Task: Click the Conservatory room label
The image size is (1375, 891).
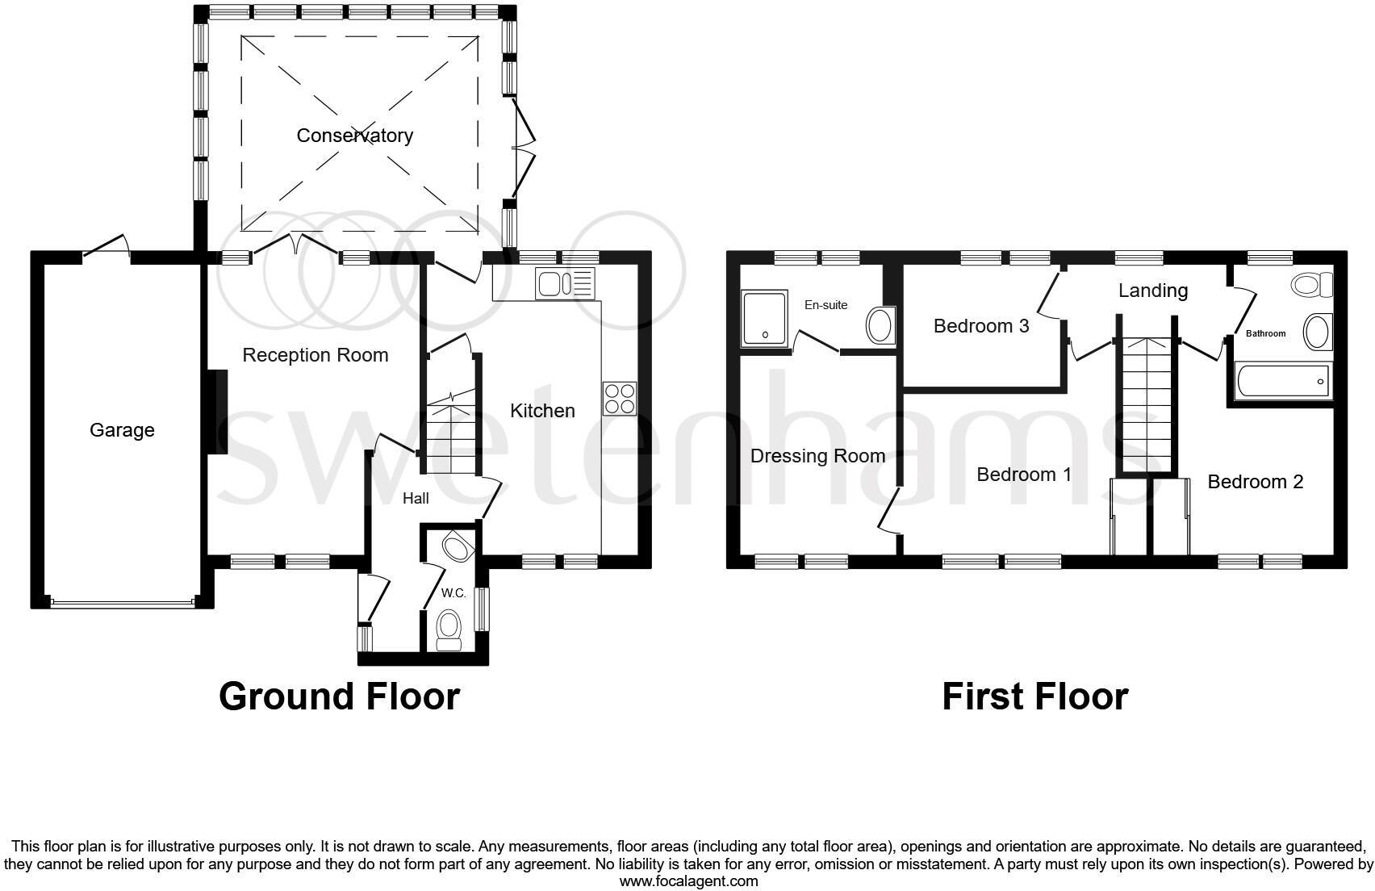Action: pyautogui.click(x=354, y=136)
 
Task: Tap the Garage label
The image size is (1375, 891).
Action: pyautogui.click(x=122, y=430)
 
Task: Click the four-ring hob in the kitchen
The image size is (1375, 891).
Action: pyautogui.click(x=620, y=399)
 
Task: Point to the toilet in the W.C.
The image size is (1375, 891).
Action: pyautogui.click(x=448, y=629)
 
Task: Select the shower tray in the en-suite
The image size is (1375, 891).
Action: pyautogui.click(x=763, y=318)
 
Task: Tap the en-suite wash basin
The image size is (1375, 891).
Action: pyautogui.click(x=879, y=326)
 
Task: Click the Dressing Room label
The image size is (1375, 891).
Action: pyautogui.click(x=817, y=456)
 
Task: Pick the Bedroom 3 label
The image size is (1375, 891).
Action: pyautogui.click(x=980, y=326)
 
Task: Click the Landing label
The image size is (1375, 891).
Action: pyautogui.click(x=1152, y=291)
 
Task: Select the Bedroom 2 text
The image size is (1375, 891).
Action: pyautogui.click(x=1255, y=482)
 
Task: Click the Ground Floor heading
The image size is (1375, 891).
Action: pyautogui.click(x=339, y=696)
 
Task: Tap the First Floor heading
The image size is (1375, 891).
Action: pyautogui.click(x=1034, y=696)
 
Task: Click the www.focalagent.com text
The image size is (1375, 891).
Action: pyautogui.click(x=688, y=881)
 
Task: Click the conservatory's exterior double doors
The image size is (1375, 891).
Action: pyautogui.click(x=524, y=149)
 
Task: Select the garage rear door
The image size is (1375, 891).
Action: pyautogui.click(x=107, y=247)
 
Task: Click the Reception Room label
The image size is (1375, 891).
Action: pyautogui.click(x=315, y=355)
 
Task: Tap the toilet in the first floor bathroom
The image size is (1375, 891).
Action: pyautogui.click(x=1312, y=285)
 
